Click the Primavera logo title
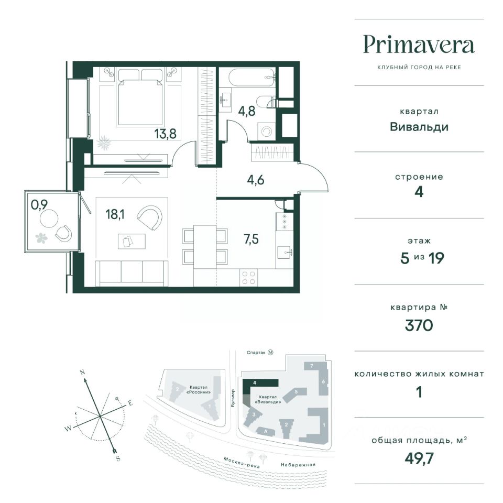coord(419,45)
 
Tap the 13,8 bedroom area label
coord(165,134)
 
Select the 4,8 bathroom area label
coord(247,111)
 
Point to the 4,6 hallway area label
coord(256,180)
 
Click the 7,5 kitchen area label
coord(251,239)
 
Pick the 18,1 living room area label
coord(115,214)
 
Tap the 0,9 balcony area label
coord(39,204)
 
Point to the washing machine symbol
coord(267,132)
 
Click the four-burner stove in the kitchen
coord(248,278)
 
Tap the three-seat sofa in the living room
coord(132,273)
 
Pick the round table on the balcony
coord(49,218)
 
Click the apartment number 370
coord(419,325)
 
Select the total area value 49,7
coord(419,459)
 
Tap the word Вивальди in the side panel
coord(419,127)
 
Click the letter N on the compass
coord(82,373)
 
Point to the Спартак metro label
coord(256,353)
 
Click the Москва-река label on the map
coord(241,462)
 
